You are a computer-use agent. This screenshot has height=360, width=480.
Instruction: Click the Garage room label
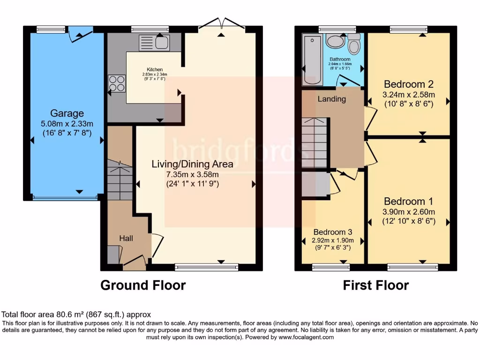tap(67, 113)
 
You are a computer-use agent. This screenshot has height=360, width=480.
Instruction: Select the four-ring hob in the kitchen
tap(117, 83)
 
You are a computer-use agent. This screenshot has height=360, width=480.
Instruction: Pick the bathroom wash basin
tap(335, 42)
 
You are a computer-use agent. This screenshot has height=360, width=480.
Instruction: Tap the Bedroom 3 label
tap(333, 232)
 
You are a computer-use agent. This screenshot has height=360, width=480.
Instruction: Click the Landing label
tap(331, 99)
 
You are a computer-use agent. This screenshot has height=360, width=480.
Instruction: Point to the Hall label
tap(126, 238)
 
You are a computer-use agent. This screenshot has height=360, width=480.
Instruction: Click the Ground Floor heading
tap(143, 285)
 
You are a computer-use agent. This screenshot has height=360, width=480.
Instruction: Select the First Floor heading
tap(375, 285)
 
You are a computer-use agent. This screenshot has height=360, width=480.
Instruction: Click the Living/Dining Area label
tap(192, 164)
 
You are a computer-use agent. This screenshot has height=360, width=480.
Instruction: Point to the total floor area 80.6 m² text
tap(76, 315)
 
